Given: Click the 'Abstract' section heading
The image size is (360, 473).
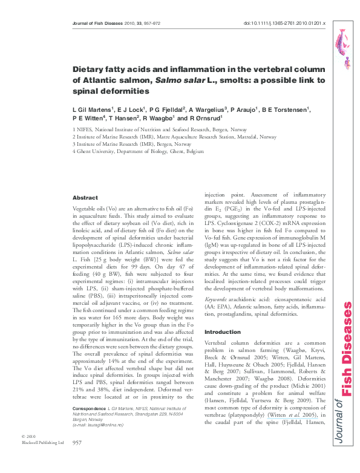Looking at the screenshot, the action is pos(85,198).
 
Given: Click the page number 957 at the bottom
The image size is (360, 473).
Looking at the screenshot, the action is pos(77,443).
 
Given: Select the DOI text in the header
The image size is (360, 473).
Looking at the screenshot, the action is pos(284,23).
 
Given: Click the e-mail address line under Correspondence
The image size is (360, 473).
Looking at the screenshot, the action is pos(97,426).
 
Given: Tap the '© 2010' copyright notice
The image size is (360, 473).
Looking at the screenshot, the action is pos(28,436).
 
